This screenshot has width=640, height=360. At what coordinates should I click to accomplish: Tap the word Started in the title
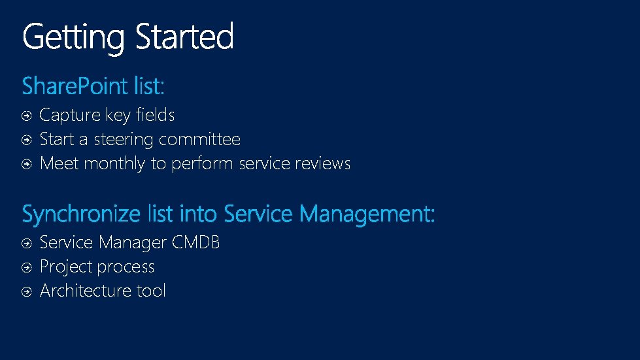pyautogui.click(x=184, y=37)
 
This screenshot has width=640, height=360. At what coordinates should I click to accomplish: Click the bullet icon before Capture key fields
pyautogui.click(x=26, y=116)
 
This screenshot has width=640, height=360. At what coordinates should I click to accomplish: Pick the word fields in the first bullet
pyautogui.click(x=155, y=115)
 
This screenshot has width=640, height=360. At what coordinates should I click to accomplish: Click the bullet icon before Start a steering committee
pyautogui.click(x=26, y=140)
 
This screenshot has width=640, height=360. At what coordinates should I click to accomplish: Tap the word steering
pyautogui.click(x=124, y=140)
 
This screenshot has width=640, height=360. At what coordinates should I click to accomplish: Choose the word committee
pyautogui.click(x=199, y=139)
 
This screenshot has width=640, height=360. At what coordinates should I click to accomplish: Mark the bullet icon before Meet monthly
pyautogui.click(x=26, y=164)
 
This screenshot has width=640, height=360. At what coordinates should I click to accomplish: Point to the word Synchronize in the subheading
pyautogui.click(x=81, y=214)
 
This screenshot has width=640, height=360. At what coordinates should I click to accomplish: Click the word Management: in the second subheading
pyautogui.click(x=367, y=214)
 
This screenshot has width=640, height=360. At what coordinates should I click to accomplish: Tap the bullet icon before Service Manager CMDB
pyautogui.click(x=26, y=243)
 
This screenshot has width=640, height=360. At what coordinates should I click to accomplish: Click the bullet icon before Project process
pyautogui.click(x=26, y=267)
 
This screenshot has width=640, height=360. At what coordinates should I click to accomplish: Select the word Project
pyautogui.click(x=65, y=267)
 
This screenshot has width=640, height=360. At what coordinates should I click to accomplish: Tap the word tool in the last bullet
pyautogui.click(x=151, y=291)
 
